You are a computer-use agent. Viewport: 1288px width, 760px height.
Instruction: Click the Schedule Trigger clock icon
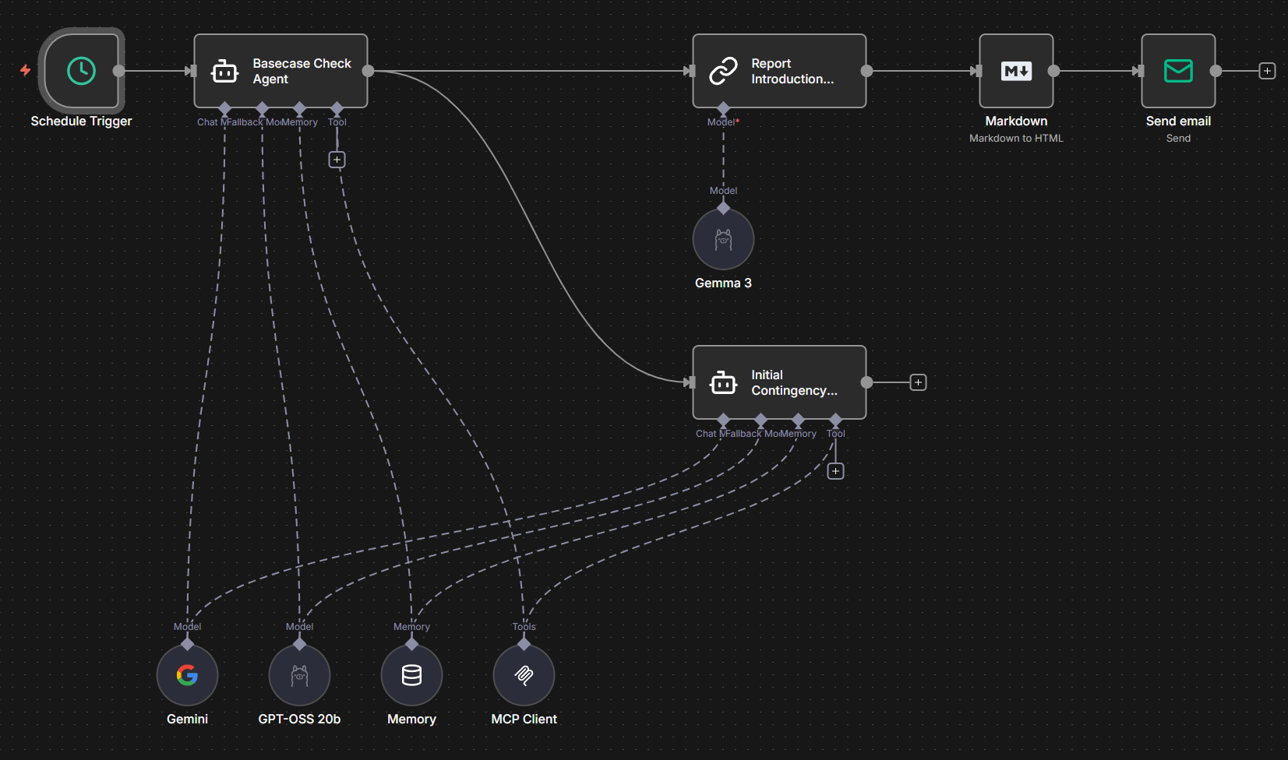(x=81, y=71)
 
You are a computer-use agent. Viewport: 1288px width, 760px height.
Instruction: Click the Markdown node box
(x=1016, y=71)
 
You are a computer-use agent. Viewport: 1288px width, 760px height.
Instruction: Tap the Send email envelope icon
(x=1178, y=71)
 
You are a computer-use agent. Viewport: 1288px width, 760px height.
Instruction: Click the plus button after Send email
(x=1268, y=71)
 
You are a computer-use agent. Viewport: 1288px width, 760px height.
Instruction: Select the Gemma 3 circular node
(x=723, y=239)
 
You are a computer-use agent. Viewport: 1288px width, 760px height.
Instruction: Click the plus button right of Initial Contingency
(x=919, y=382)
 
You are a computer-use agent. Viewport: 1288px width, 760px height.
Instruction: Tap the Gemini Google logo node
(x=187, y=675)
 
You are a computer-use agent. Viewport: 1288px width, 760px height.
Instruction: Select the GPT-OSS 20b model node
(x=299, y=675)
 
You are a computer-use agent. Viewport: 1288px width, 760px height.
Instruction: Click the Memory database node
(x=411, y=675)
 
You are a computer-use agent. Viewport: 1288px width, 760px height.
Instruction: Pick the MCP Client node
(x=524, y=675)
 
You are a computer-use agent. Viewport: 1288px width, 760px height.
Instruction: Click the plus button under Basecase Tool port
(x=337, y=160)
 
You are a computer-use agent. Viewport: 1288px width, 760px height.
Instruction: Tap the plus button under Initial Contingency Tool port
(x=835, y=471)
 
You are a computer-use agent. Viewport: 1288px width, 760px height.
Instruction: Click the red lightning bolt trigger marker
(x=26, y=71)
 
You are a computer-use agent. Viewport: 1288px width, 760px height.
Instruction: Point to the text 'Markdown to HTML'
(x=1016, y=139)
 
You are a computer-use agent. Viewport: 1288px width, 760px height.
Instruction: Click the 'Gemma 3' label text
(x=723, y=283)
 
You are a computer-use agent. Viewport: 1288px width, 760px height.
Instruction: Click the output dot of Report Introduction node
(x=866, y=71)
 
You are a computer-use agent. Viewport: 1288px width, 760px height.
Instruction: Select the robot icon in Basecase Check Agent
(x=224, y=72)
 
